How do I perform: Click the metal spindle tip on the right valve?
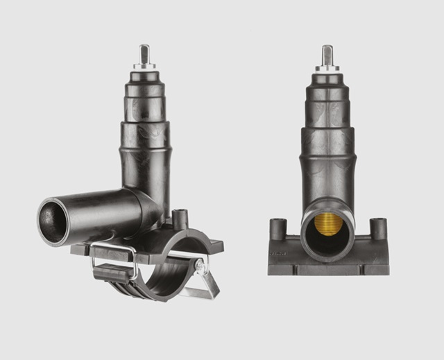[327, 55]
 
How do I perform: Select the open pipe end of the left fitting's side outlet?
[53, 221]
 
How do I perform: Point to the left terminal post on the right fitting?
[277, 228]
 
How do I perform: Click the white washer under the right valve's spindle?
[327, 69]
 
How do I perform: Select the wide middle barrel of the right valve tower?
[327, 149]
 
